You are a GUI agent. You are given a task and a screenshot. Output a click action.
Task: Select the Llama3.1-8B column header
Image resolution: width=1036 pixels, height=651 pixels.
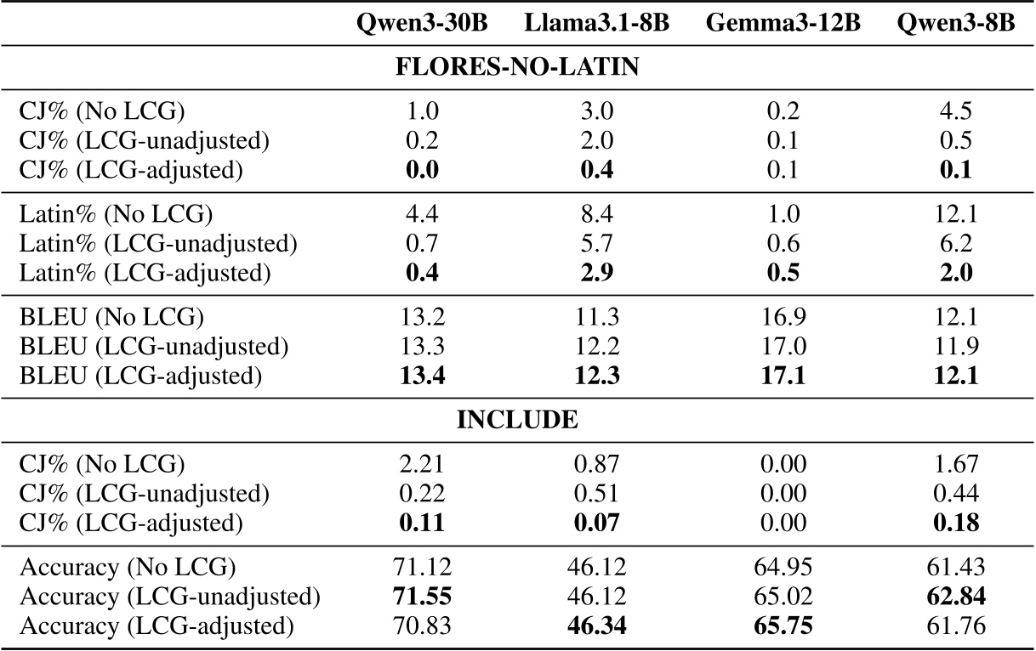[x=596, y=24]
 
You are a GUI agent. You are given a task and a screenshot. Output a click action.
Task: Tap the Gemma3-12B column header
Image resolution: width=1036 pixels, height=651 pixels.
[x=783, y=24]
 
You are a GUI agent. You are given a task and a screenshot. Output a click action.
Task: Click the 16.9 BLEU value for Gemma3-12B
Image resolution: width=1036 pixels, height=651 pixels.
[x=783, y=319]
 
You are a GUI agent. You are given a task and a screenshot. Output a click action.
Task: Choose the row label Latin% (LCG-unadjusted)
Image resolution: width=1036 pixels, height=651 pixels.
[x=157, y=246]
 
